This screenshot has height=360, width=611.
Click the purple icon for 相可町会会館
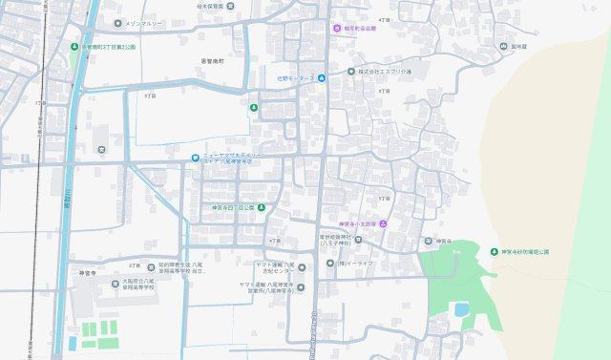(x=335, y=29)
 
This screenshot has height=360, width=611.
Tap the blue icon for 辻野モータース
(x=322, y=78)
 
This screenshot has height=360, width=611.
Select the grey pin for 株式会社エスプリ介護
(x=351, y=71)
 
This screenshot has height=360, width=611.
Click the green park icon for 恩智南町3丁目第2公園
(x=75, y=46)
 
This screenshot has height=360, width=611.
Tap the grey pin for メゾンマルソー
(x=116, y=23)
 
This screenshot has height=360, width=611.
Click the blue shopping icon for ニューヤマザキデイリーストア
(x=195, y=159)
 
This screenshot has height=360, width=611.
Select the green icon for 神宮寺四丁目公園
(x=261, y=207)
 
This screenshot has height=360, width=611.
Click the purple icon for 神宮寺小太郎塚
(x=383, y=223)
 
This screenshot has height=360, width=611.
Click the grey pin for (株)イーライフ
(x=329, y=263)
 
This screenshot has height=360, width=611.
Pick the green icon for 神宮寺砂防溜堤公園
(x=494, y=251)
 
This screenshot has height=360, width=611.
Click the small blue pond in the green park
(x=461, y=309)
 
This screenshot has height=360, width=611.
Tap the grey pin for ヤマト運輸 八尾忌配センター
(x=302, y=267)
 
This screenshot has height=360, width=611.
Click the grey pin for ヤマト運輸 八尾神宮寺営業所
(x=302, y=286)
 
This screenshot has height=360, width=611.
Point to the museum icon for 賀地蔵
(x=502, y=45)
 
